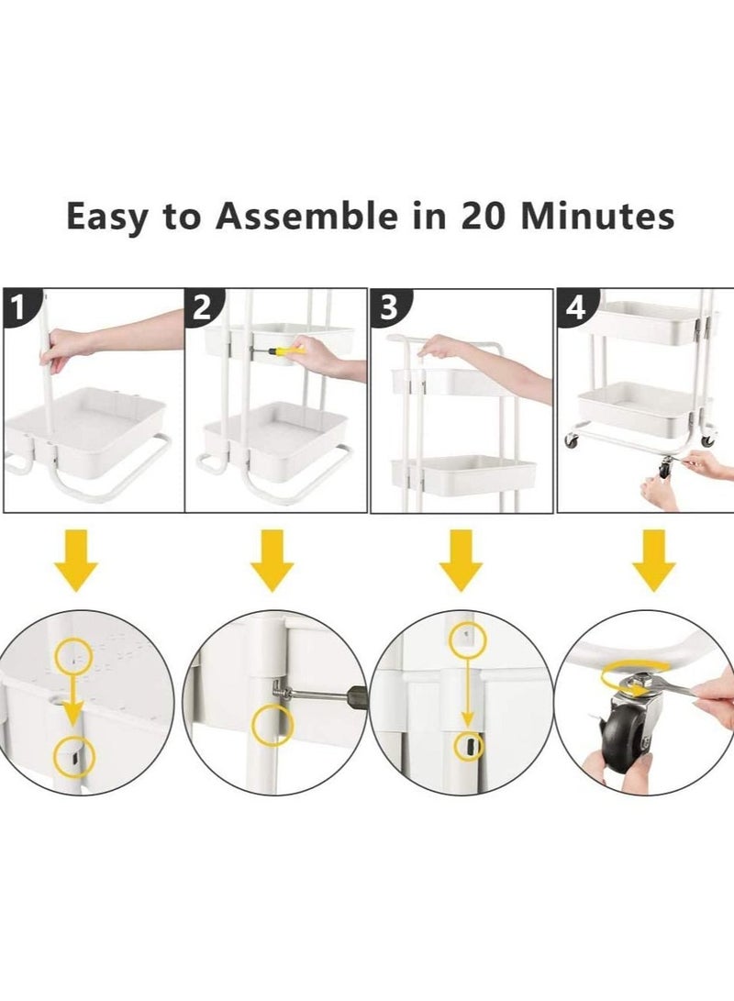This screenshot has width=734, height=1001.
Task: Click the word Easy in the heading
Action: (x=108, y=217)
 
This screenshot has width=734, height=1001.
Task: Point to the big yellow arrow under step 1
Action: (x=76, y=559)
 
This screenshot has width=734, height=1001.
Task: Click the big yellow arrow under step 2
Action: (x=272, y=559)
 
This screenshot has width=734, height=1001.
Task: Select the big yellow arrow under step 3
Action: (x=461, y=559)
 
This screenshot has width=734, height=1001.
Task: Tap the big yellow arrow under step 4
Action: (x=653, y=559)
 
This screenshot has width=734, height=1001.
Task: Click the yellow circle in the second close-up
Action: (x=273, y=725)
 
